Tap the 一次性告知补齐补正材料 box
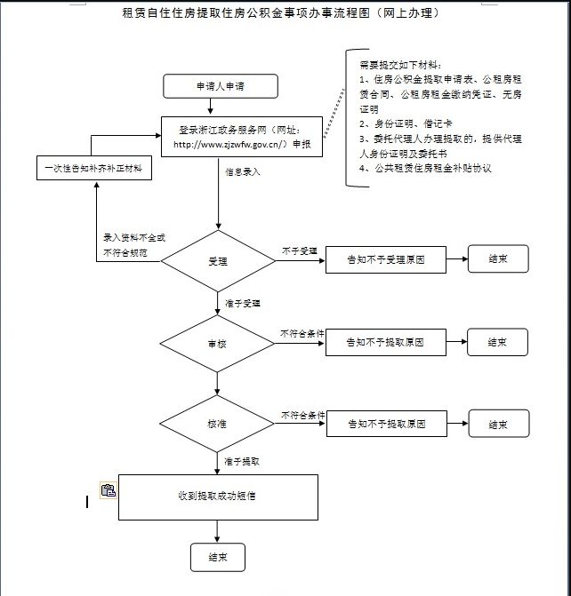[x=92, y=167]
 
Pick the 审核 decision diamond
[x=218, y=342]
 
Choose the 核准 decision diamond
[x=218, y=425]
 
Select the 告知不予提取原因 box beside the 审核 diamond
[x=385, y=342]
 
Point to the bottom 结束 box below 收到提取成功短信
[x=217, y=558]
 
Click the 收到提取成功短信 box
[x=218, y=497]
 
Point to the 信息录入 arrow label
[x=242, y=171]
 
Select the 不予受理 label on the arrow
[x=300, y=251]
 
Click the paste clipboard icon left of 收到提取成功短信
[x=108, y=490]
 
